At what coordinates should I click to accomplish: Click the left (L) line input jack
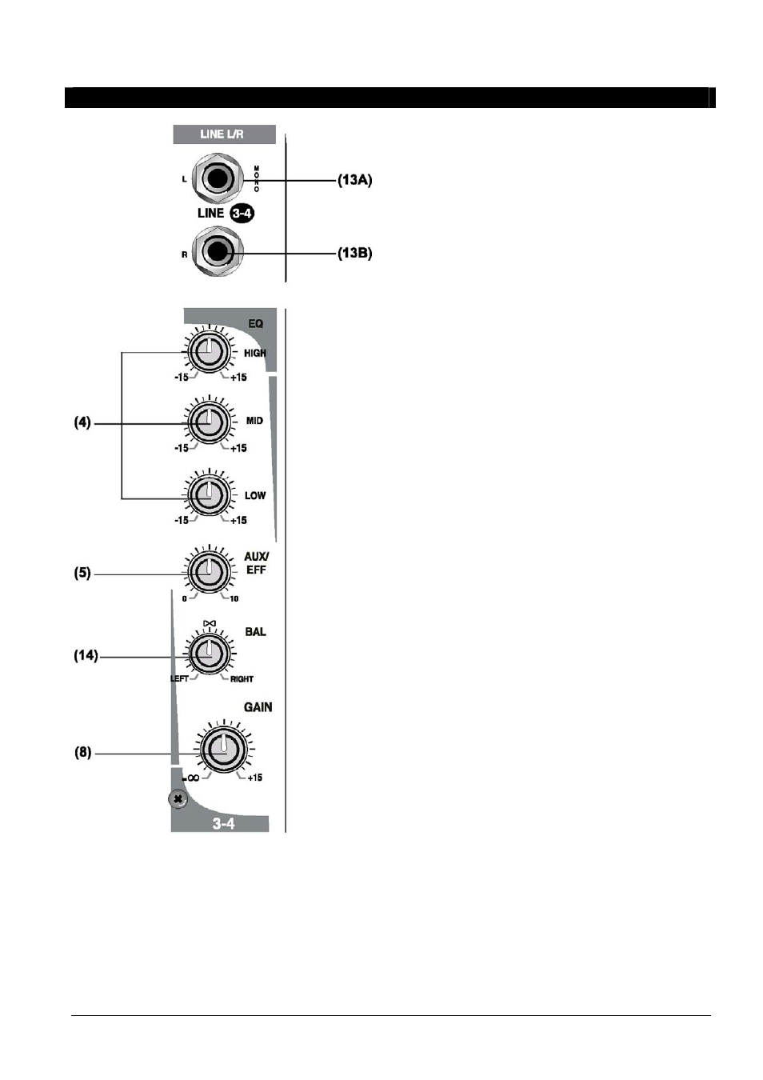(x=218, y=179)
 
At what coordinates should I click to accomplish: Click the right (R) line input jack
(x=218, y=253)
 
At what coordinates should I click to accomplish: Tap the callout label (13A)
(x=355, y=180)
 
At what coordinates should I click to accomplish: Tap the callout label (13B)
(x=355, y=253)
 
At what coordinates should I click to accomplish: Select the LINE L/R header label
(x=224, y=134)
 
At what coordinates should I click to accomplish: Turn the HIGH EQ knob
(x=210, y=352)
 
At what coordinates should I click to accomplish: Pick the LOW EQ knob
(x=210, y=495)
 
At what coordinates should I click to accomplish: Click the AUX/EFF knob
(x=210, y=572)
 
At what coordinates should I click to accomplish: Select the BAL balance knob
(x=210, y=654)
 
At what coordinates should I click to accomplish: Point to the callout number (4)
(x=82, y=422)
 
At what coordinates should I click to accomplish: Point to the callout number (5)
(x=82, y=573)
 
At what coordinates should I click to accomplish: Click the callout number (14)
(x=86, y=655)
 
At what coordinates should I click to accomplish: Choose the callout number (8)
(x=83, y=752)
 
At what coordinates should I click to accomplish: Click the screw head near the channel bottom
(x=178, y=799)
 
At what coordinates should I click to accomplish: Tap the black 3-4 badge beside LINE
(x=242, y=213)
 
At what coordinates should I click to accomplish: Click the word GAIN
(x=258, y=707)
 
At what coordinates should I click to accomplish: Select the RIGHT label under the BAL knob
(x=242, y=679)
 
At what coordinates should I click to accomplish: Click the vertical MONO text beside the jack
(x=257, y=179)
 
